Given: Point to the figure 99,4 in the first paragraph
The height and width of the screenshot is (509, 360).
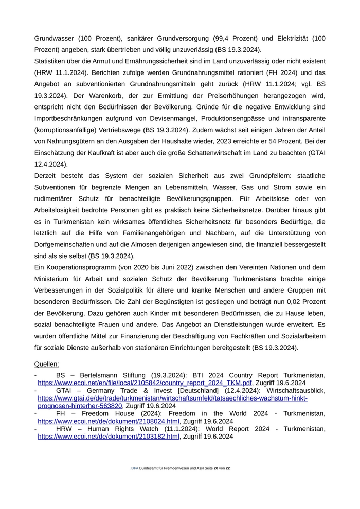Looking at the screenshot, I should click(204, 39).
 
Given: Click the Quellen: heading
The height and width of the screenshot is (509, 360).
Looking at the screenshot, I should click(47, 364).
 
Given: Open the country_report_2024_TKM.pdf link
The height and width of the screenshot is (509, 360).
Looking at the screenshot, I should click(145, 383).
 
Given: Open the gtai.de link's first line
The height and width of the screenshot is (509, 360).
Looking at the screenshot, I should click(172, 398).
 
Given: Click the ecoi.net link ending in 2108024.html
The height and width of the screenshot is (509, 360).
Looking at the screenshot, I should click(109, 421).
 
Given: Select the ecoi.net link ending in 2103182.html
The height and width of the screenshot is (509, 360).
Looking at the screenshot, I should click(109, 436).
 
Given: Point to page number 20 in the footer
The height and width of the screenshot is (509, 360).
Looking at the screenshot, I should click(216, 469).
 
